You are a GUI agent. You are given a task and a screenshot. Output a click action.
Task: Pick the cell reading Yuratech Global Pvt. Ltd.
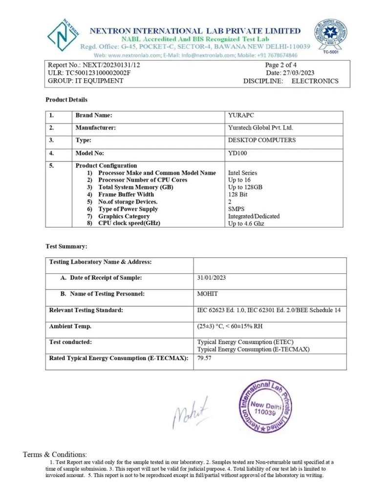click(x=260, y=128)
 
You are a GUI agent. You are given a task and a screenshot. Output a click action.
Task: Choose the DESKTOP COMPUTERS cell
click(x=261, y=140)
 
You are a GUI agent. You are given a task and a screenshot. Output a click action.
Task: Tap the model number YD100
click(x=237, y=153)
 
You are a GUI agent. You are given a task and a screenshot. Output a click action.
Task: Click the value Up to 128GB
click(x=245, y=187)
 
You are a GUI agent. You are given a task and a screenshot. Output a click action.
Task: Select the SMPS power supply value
click(x=236, y=209)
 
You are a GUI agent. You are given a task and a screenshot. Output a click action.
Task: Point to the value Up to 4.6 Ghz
click(x=247, y=223)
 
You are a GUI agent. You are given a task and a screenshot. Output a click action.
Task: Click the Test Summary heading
click(x=66, y=247)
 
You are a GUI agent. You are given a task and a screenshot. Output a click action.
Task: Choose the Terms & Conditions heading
click(x=55, y=455)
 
